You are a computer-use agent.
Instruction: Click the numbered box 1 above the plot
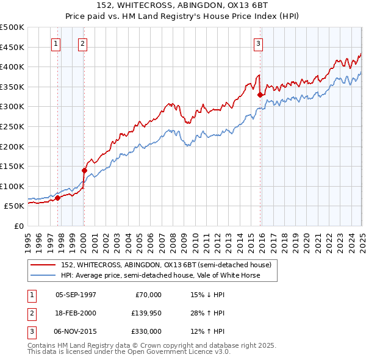[x=56, y=43]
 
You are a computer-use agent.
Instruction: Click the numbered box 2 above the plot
[x=82, y=43]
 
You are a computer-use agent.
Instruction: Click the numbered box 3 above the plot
[x=258, y=43]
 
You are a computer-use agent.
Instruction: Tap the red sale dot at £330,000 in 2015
[x=260, y=95]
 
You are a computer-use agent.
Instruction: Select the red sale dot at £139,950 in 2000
[x=84, y=170]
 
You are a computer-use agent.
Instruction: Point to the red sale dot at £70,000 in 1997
[x=57, y=198]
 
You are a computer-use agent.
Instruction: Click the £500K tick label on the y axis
[x=12, y=27]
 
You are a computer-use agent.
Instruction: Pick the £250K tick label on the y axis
[x=12, y=127]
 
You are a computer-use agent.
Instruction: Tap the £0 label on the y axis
[x=18, y=226]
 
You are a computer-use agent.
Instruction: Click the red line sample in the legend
[x=43, y=265]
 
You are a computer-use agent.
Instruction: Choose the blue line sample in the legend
[x=43, y=275]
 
